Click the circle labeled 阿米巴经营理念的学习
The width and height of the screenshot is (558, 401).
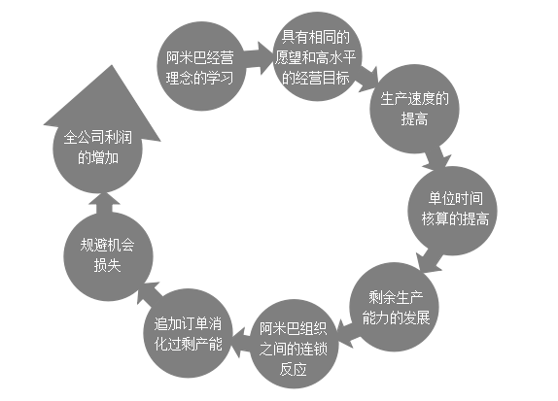pyautogui.click(x=201, y=66)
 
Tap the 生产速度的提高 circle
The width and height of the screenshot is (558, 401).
pyautogui.click(x=414, y=109)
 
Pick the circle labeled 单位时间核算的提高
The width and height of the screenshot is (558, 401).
pyautogui.click(x=452, y=211)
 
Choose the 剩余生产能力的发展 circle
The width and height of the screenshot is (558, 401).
pyautogui.click(x=394, y=307)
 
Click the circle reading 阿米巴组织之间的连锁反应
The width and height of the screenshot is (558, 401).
pyautogui.click(x=294, y=344)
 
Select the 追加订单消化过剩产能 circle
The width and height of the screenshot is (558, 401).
pyautogui.click(x=189, y=333)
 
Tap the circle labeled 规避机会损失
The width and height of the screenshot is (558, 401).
pyautogui.click(x=108, y=256)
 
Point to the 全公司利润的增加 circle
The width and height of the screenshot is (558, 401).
pyautogui.click(x=97, y=149)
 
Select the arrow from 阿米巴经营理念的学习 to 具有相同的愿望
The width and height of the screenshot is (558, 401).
pyautogui.click(x=259, y=58)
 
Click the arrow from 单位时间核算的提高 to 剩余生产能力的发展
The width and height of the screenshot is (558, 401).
pyautogui.click(x=430, y=260)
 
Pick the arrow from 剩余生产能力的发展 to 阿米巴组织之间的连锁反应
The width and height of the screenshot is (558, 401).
pyautogui.click(x=345, y=332)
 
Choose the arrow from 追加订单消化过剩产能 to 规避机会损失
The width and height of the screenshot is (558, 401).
pyautogui.click(x=149, y=293)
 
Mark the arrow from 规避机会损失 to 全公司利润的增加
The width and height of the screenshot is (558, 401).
pyautogui.click(x=104, y=203)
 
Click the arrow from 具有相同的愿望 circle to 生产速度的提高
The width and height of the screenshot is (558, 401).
pyautogui.click(x=367, y=79)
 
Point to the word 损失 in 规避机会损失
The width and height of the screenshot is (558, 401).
pyautogui.click(x=108, y=266)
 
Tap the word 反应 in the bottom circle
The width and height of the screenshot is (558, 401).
pyautogui.click(x=294, y=369)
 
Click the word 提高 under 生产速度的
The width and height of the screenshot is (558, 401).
pyautogui.click(x=414, y=119)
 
